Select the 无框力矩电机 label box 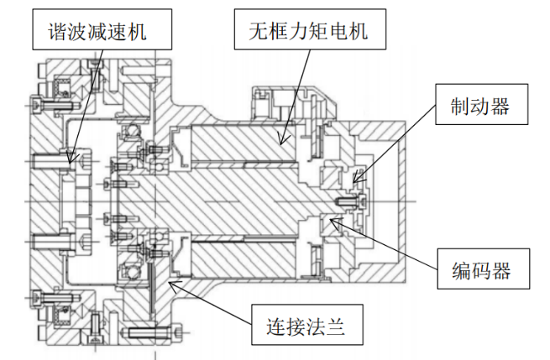(308, 31)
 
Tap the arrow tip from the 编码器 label (330, 220)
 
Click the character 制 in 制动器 (458, 108)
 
